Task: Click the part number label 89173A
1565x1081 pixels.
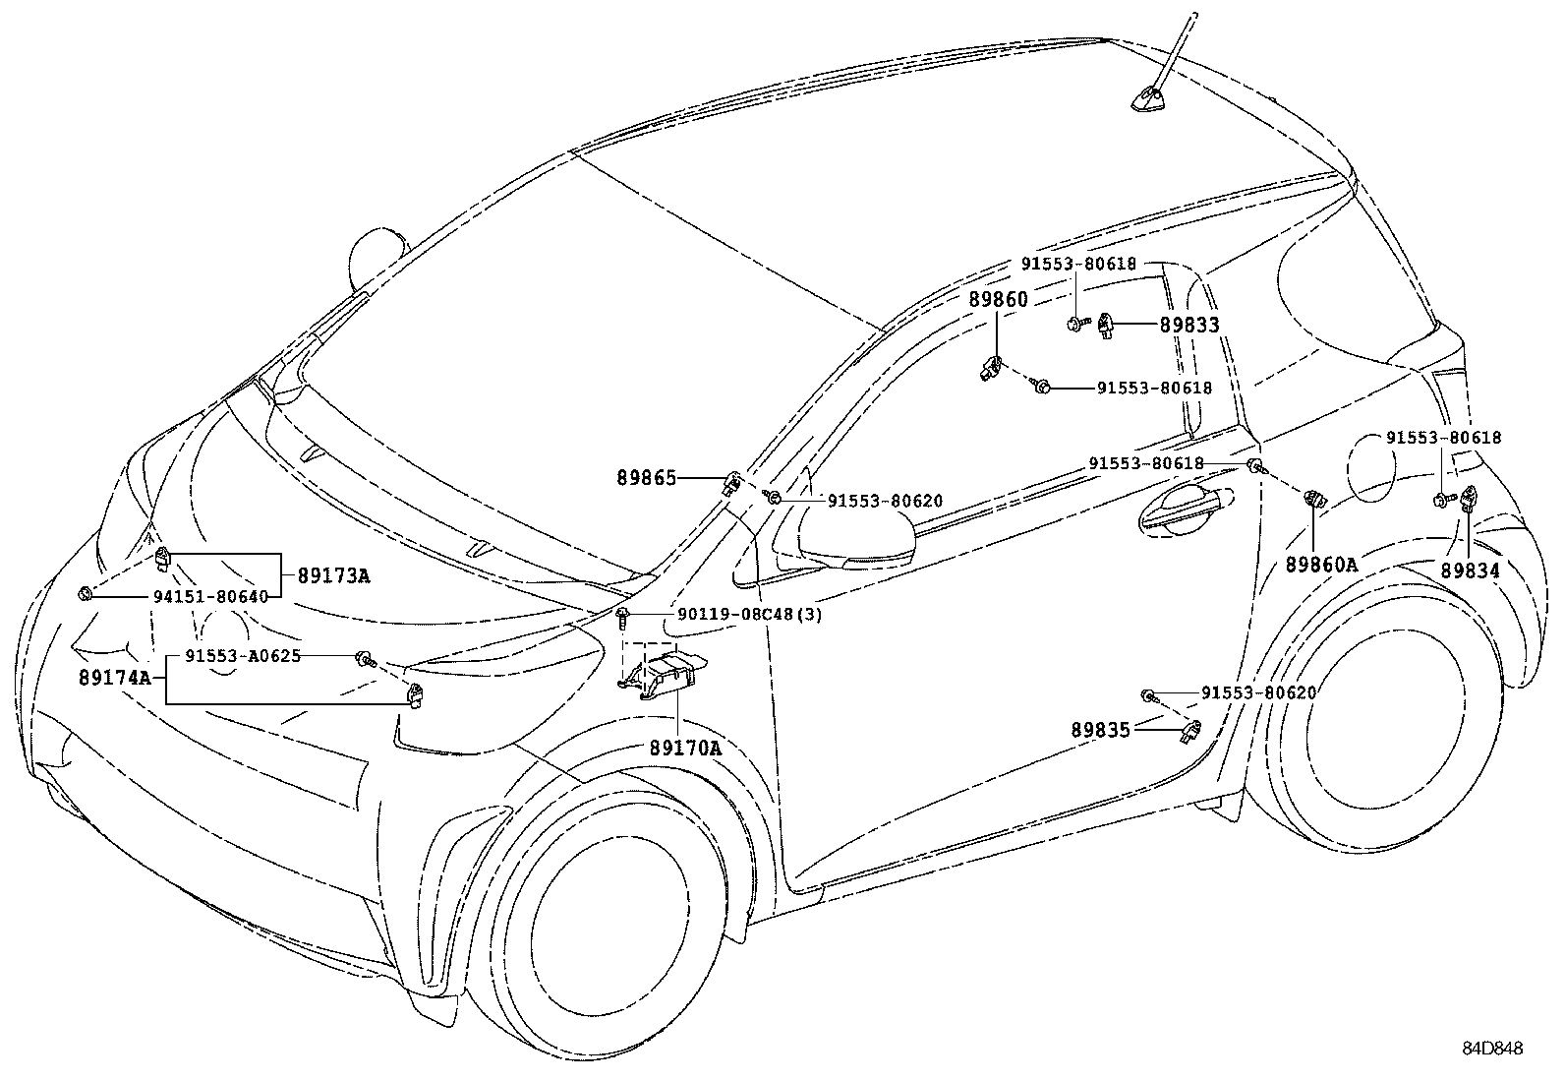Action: click(333, 575)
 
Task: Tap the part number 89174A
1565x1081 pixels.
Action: click(115, 678)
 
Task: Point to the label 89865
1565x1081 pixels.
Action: click(646, 478)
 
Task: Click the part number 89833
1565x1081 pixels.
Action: click(1189, 325)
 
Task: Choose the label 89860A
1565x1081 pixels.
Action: click(1322, 565)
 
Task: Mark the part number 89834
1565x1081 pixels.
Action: click(1470, 571)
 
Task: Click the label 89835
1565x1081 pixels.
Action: click(1100, 730)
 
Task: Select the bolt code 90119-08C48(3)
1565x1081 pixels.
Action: click(750, 614)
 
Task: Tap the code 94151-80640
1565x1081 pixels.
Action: click(210, 596)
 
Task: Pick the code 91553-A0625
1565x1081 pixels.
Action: click(243, 656)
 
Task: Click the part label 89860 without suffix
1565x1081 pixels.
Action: click(999, 299)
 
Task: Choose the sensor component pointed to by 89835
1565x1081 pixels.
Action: click(1191, 732)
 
